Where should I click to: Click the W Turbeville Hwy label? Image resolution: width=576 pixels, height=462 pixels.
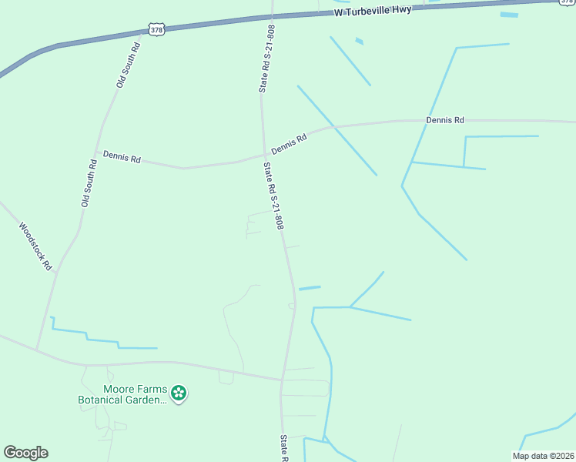tap(372, 11)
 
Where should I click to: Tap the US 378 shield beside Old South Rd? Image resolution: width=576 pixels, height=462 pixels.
tap(156, 30)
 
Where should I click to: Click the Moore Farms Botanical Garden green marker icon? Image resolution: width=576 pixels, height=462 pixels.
tap(179, 394)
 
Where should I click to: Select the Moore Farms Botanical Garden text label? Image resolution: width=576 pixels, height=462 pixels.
tap(122, 395)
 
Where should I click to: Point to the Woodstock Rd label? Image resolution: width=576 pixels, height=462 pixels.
tap(35, 246)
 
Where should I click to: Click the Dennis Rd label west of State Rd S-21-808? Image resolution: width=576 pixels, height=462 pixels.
tap(122, 159)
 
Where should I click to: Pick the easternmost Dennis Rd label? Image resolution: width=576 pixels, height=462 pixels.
tap(445, 120)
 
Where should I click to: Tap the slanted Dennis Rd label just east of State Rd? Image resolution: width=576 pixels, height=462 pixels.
tap(289, 143)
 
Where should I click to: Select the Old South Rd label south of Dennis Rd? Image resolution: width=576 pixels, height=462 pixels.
tap(88, 182)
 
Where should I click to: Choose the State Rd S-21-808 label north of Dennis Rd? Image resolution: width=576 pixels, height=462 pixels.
tap(266, 59)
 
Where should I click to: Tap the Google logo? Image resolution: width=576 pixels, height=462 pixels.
tap(25, 452)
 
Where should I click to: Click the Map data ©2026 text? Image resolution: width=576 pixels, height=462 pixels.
tap(542, 456)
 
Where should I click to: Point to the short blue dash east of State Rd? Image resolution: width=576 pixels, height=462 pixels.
tap(309, 288)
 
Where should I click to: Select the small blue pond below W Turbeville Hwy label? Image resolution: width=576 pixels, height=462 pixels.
tap(359, 41)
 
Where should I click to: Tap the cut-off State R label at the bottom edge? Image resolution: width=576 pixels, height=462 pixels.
tap(283, 448)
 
